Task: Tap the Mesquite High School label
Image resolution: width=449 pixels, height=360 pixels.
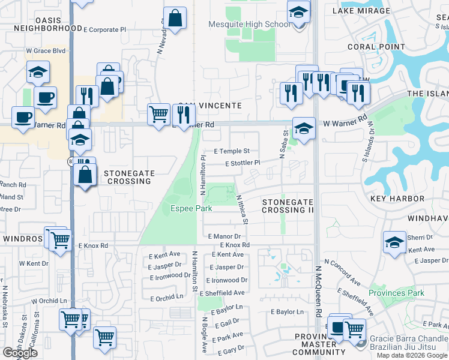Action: tap(249, 24)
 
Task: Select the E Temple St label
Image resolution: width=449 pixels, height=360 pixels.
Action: tap(234, 152)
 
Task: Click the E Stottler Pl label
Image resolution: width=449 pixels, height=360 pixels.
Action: tap(243, 163)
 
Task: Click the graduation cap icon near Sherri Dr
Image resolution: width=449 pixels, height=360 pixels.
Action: tap(394, 242)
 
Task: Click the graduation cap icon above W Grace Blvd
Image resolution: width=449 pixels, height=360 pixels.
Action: tap(38, 72)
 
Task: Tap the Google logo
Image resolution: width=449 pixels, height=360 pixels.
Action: tap(20, 353)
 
